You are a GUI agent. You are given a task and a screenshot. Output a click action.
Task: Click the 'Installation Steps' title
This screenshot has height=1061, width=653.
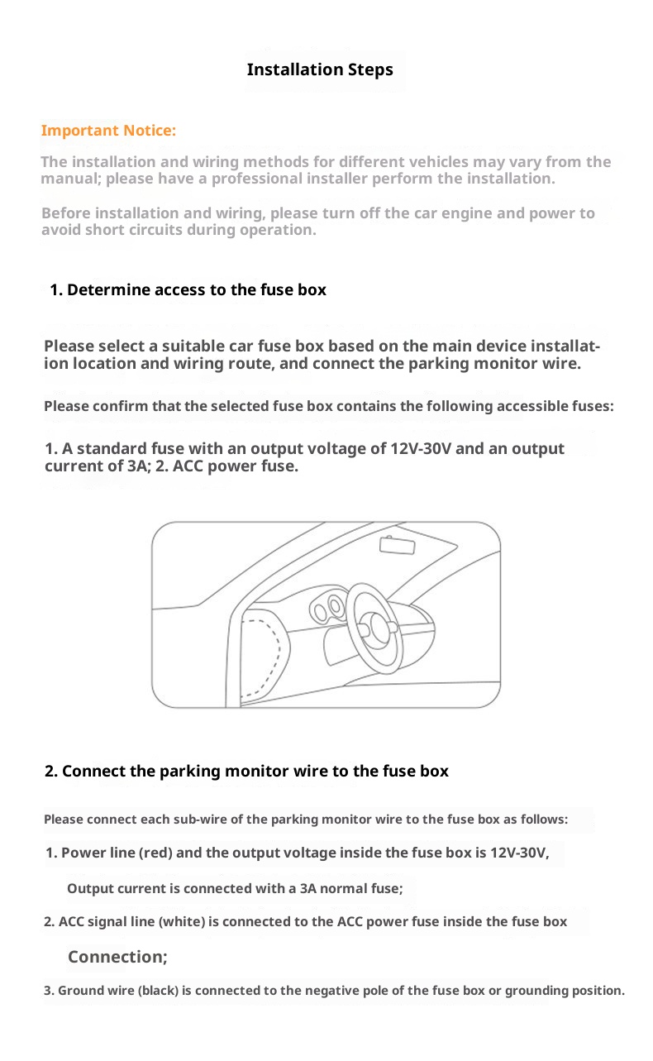pos(320,69)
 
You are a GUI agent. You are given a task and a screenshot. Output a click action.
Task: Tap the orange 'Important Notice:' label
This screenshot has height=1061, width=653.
pos(108,131)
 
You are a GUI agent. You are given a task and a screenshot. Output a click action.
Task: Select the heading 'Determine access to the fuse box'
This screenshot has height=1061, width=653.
pos(197,290)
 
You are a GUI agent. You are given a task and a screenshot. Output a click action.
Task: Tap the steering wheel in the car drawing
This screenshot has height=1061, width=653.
pos(373,628)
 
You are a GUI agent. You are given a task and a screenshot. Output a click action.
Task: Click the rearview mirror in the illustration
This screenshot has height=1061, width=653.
pos(397,545)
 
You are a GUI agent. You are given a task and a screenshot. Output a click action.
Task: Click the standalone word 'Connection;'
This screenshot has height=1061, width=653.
pos(117,957)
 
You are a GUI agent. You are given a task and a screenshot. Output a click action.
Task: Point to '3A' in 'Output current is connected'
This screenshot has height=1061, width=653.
pos(308,889)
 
